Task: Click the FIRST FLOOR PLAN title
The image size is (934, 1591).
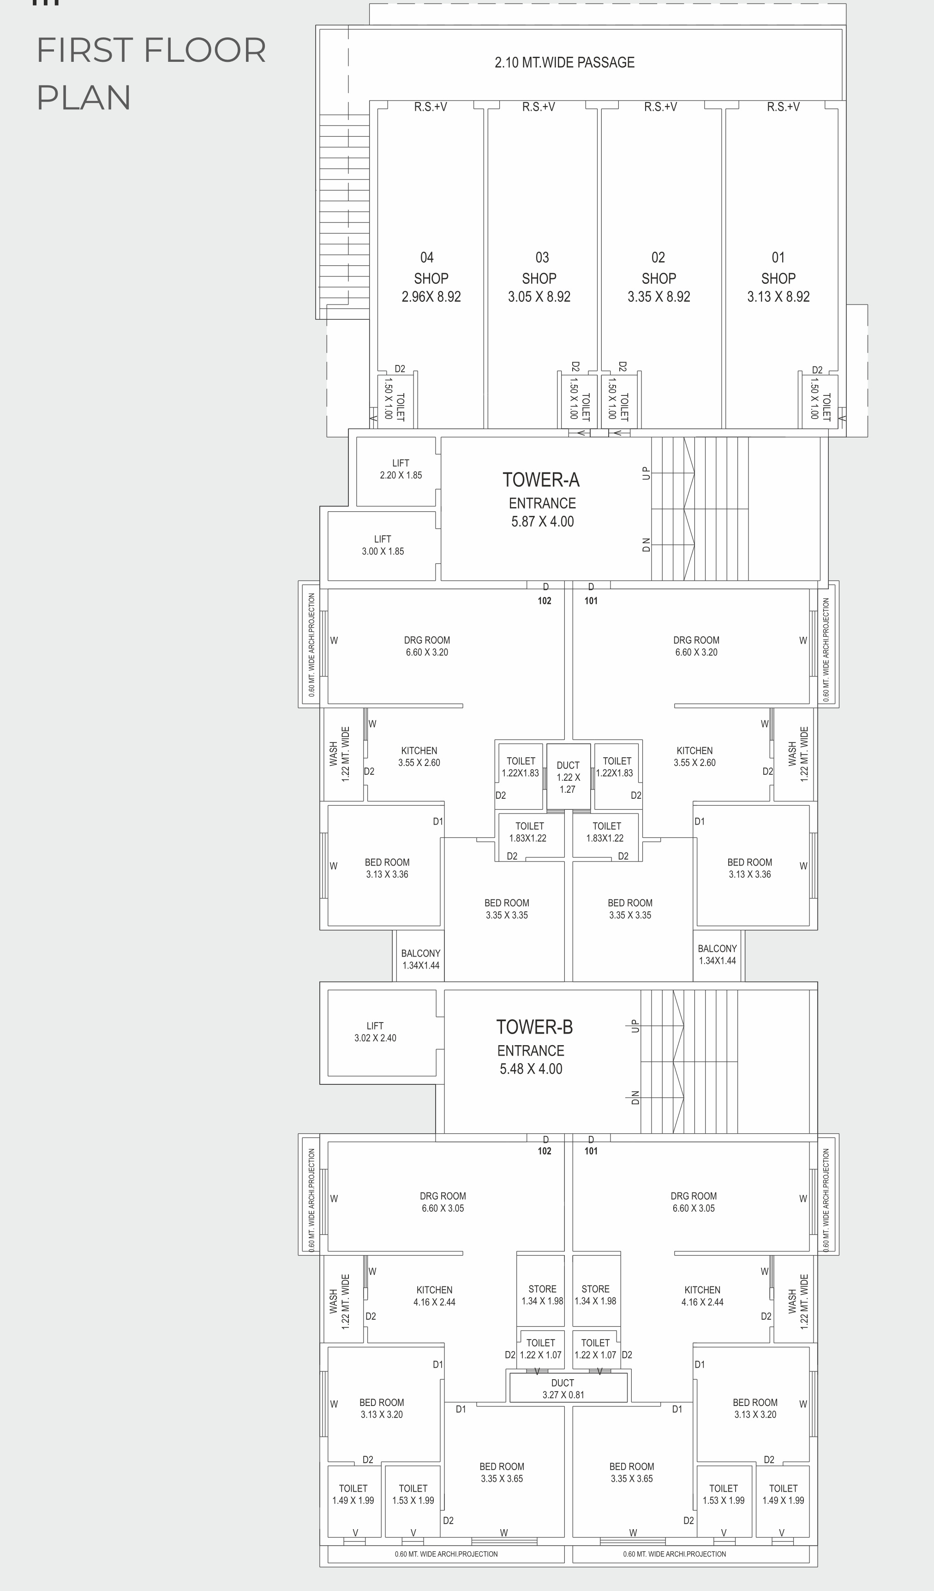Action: pos(151,73)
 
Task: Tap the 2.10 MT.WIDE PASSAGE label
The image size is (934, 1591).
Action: pos(564,62)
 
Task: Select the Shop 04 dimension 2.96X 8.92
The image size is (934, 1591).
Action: pos(431,297)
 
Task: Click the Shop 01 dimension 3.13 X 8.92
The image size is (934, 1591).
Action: pos(778,297)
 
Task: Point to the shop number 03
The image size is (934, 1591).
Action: pos(542,257)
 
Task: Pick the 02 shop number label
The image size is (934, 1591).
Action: pos(658,257)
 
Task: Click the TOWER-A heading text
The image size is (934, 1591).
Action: pos(541,480)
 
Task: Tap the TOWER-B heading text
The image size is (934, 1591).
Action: pos(534,1027)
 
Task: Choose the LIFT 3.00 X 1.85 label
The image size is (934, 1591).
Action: pos(383,545)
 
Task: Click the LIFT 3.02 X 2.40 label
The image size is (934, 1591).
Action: pos(375,1032)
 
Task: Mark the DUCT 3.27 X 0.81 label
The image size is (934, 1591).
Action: pos(563,1389)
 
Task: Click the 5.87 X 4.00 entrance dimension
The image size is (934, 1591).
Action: pos(543,521)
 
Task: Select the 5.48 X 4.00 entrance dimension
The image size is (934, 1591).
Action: pos(531,1069)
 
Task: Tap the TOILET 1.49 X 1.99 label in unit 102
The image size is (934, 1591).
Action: pos(353,1495)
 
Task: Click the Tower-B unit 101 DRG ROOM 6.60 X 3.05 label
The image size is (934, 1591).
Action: pos(694,1202)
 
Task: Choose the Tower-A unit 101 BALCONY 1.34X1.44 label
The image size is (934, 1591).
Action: pos(718,955)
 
